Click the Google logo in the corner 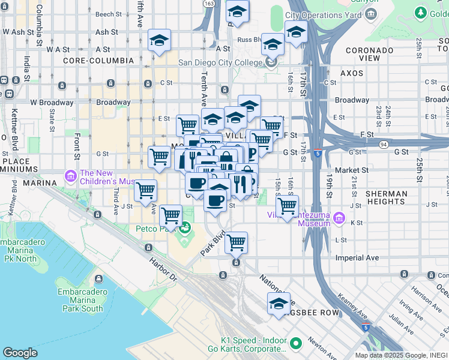[x=20, y=353]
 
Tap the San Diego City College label [x=221, y=62]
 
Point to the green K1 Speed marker [x=295, y=343]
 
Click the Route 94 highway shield [x=384, y=144]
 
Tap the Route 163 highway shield [x=208, y=4]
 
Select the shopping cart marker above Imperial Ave [x=236, y=242]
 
